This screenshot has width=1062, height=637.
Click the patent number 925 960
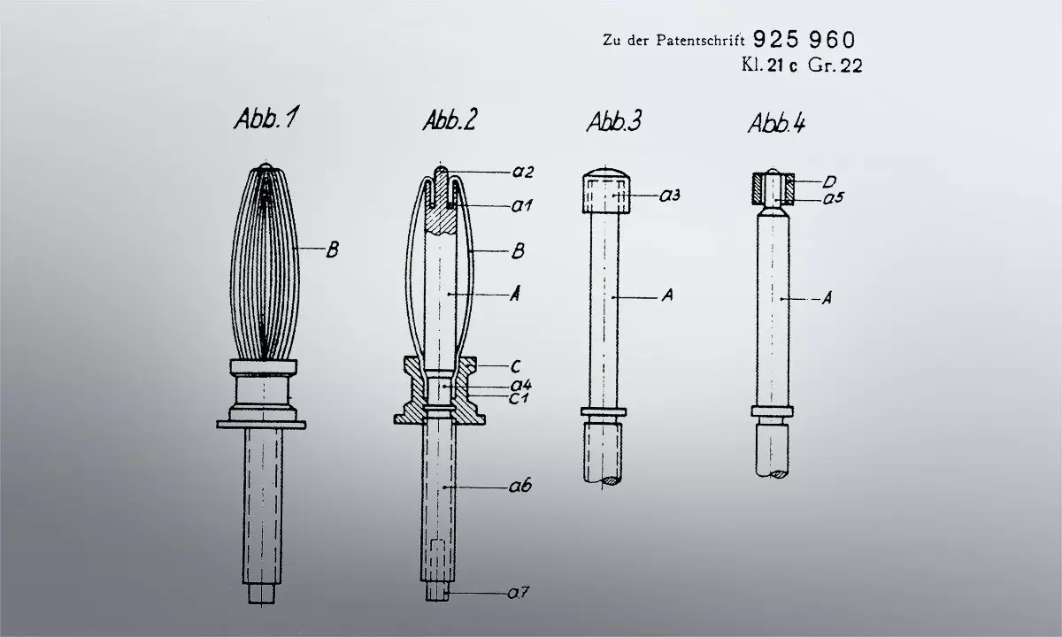804,40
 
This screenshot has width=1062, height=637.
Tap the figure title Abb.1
267,118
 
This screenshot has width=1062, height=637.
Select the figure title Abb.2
450,119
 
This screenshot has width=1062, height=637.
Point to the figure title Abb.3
614,121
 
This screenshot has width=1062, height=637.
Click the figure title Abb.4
777,123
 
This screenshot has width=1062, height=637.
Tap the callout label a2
523,172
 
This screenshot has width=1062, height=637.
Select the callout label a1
521,205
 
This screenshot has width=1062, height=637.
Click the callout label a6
520,486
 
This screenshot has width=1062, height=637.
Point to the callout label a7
519,593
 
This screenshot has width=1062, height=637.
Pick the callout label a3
670,195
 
